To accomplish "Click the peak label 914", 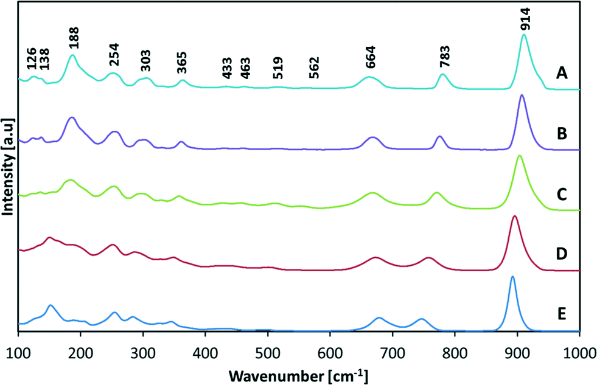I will point(525,18).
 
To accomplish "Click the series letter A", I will point(562,74).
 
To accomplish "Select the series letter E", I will point(562,314).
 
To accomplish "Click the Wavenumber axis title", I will point(298,372).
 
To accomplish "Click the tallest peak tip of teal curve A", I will point(524,35).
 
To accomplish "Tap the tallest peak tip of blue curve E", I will point(512,277).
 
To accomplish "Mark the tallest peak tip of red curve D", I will point(515,216).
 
